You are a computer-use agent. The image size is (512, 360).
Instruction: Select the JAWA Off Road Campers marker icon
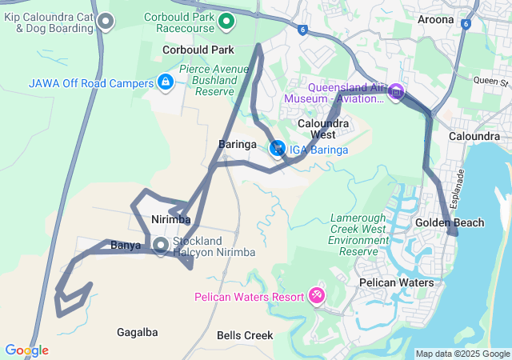(x=165, y=82)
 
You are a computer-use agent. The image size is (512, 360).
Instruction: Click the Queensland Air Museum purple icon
(x=395, y=93)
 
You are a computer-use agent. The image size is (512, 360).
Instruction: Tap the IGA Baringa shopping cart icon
(x=278, y=149)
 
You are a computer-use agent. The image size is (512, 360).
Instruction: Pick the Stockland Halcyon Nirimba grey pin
(x=161, y=246)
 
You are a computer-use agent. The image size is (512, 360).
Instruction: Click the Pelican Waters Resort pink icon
(x=317, y=296)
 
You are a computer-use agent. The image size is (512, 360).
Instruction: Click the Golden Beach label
(x=449, y=222)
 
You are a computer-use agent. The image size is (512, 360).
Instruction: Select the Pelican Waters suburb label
(x=396, y=282)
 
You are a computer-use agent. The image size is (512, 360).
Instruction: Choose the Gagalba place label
(x=137, y=332)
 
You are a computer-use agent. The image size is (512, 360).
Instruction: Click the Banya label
(x=126, y=245)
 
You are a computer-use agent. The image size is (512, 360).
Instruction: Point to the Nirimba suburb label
(x=170, y=219)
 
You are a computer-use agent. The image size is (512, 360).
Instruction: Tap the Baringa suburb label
(x=237, y=144)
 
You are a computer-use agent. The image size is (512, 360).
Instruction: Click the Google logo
(x=26, y=350)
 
